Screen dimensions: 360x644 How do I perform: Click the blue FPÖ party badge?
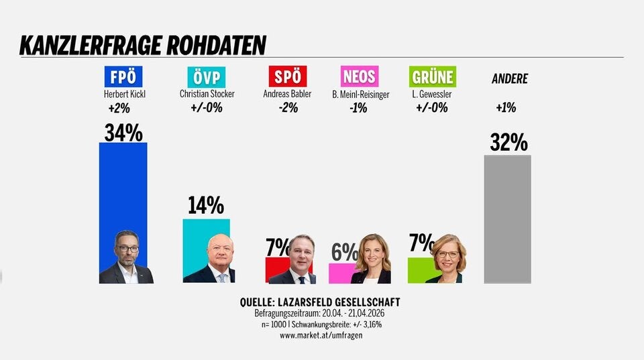coord(123,76)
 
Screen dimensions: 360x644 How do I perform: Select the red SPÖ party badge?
coord(287,76)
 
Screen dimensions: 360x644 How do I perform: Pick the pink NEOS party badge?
coord(359,76)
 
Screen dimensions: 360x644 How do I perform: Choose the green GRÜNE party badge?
coord(433,76)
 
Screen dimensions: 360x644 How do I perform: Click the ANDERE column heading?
coord(510,78)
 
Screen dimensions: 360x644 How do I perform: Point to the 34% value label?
coord(123,132)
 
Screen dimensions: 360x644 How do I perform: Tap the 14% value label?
coord(205,205)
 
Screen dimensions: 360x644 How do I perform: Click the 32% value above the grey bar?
coord(508,142)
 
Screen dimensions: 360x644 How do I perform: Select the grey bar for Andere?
coord(507,221)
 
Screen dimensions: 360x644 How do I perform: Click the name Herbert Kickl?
coord(125,95)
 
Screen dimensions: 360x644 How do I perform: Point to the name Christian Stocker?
coord(207,95)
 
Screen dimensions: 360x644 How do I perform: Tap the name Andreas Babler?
coord(287,95)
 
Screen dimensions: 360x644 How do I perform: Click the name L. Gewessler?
coord(432,95)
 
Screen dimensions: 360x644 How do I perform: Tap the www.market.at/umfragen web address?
coord(321,335)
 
